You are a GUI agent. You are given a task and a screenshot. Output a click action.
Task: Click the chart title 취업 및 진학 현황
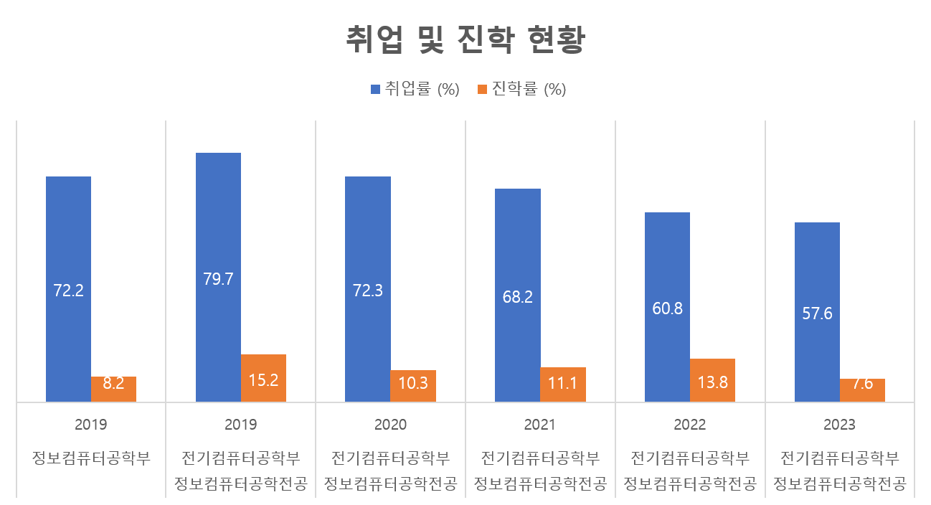[x=466, y=40]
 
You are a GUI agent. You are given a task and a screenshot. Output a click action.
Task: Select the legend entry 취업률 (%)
[x=415, y=90]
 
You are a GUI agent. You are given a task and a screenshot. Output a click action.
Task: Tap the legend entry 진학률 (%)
[x=521, y=90]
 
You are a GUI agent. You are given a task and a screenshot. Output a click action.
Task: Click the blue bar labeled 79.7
[x=218, y=277]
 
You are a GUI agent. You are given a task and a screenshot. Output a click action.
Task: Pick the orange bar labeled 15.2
[x=263, y=378]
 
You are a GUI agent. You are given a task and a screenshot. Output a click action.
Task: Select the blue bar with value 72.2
[x=68, y=289]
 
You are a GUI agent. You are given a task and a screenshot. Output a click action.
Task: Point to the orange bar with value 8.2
[x=113, y=389]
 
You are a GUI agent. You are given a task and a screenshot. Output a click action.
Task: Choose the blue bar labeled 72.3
[x=368, y=289]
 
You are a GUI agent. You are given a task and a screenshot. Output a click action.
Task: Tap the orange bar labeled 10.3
[x=413, y=386]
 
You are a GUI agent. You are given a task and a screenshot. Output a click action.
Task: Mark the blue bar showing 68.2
[x=518, y=295]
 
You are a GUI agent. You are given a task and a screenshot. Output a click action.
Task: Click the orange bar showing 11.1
[x=563, y=384]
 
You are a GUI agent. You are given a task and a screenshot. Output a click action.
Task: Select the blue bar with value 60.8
[x=668, y=307]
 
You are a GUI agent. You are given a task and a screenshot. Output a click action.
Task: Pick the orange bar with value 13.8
[x=712, y=380]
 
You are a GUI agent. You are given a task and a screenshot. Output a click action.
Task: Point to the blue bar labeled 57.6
[x=817, y=312]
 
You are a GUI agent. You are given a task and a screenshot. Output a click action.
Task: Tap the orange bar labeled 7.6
[x=862, y=390]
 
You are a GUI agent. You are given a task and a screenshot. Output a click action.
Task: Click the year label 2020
[x=390, y=425]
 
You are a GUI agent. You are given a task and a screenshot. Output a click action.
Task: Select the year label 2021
[x=540, y=425]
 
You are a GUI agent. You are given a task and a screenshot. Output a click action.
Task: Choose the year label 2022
[x=690, y=425]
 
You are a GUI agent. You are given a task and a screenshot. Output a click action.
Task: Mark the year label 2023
[x=839, y=425]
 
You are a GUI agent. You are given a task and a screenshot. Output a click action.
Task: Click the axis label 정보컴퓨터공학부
[x=90, y=458]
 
